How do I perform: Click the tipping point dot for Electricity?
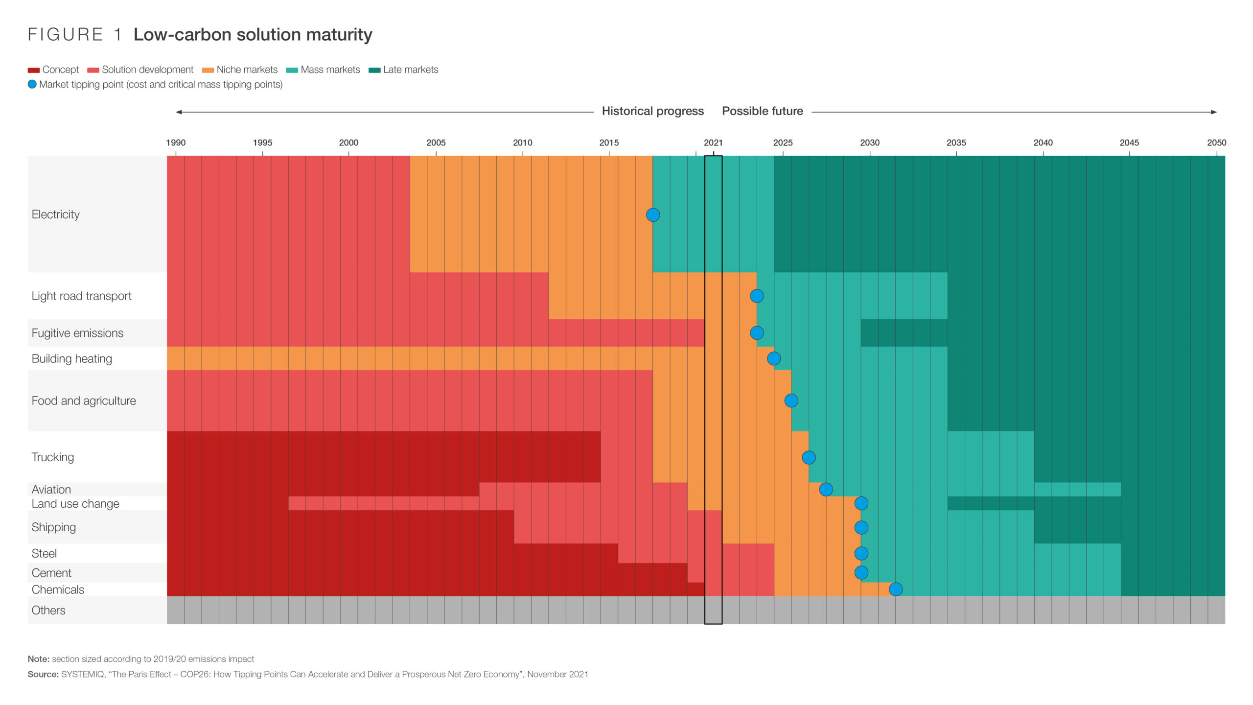[x=652, y=214]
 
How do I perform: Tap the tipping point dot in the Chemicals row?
[x=895, y=589]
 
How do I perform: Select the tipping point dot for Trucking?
[x=809, y=457]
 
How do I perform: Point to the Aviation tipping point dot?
[x=826, y=489]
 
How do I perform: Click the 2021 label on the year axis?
[x=713, y=142]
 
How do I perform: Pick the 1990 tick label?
[x=176, y=142]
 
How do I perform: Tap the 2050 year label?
[x=1216, y=142]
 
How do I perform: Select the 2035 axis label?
[x=956, y=142]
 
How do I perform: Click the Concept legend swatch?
[x=34, y=70]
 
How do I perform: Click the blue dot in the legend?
[x=32, y=84]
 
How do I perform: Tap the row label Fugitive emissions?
[x=77, y=333]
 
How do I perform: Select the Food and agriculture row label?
[x=84, y=400]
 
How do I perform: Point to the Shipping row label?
[x=54, y=527]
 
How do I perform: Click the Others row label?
[x=48, y=610]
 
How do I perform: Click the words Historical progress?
[x=652, y=111]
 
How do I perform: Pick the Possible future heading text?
[x=762, y=111]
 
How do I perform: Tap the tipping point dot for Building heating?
[x=773, y=358]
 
